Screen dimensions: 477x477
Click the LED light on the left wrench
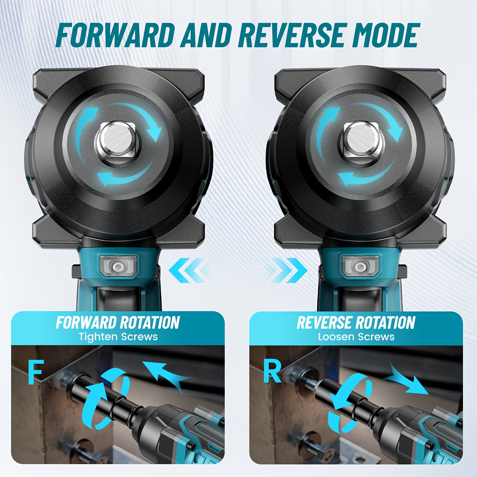point(119,265)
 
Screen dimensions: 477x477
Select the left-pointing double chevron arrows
point(188,270)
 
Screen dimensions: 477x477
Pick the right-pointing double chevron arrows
point(288,270)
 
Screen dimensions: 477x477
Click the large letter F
point(36,372)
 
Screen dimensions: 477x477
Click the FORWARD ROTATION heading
point(117,322)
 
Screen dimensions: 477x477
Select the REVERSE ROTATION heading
point(356,322)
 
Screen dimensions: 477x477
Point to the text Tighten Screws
point(118,337)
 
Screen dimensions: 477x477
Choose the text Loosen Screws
point(356,337)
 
